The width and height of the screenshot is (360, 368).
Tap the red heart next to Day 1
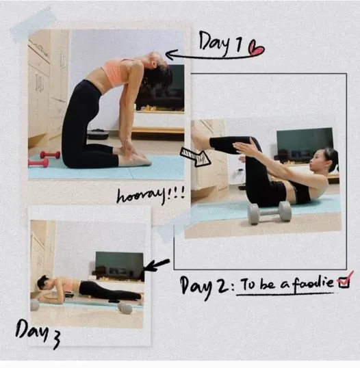pos(256,49)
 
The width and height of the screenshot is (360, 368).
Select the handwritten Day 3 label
pos(38,333)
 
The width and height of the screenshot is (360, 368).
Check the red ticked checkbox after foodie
pos(344,280)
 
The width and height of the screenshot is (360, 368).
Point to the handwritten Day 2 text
pos(205,287)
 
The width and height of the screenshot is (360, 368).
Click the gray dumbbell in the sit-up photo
pos(269,212)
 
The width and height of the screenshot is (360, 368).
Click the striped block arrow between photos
pos(195,157)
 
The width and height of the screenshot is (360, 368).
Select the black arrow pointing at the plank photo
pos(156,265)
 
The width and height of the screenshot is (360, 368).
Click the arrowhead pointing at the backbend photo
pos(171,55)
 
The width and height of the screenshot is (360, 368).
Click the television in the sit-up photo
pos(305,143)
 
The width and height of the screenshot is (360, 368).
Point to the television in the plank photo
pos(119,265)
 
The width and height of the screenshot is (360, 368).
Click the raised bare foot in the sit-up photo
pos(200,139)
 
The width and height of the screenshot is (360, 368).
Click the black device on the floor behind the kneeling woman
pos(98,134)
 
